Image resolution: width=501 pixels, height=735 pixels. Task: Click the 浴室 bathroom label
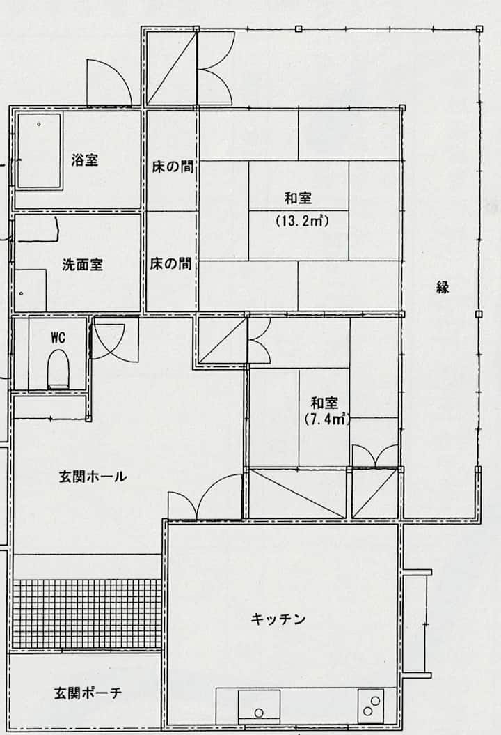click(84, 160)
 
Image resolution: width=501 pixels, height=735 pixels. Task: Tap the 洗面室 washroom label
click(82, 265)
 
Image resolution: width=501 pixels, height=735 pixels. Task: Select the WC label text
click(58, 337)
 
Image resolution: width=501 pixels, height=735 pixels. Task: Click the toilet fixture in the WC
click(58, 371)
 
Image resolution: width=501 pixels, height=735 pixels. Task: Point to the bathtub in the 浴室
click(40, 151)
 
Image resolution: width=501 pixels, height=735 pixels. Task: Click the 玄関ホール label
click(93, 477)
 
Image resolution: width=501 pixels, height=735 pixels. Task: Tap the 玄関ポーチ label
click(88, 693)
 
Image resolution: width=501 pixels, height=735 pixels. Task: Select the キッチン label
click(278, 619)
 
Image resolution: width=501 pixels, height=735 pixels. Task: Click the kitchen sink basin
click(259, 706)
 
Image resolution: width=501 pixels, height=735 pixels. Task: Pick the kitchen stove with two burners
click(371, 706)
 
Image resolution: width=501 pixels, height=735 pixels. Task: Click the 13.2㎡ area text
click(302, 220)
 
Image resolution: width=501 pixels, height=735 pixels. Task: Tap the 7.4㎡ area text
click(327, 419)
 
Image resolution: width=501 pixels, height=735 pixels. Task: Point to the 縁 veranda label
click(443, 287)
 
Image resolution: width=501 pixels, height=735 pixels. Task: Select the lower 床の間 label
click(171, 264)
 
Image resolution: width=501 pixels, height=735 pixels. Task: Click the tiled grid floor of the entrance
click(87, 614)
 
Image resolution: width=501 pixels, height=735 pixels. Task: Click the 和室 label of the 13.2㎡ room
click(299, 199)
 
